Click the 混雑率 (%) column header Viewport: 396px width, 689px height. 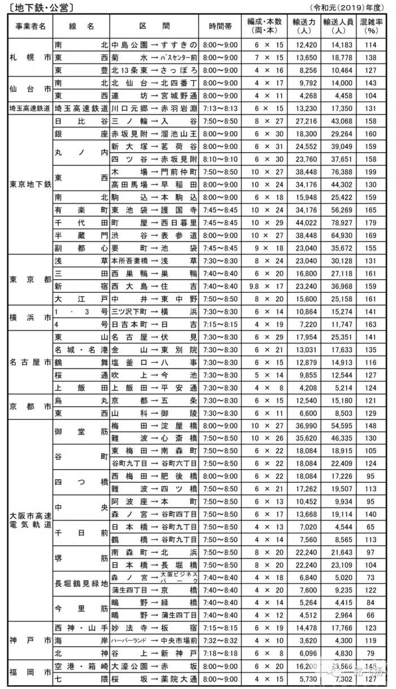pyautogui.click(x=371, y=26)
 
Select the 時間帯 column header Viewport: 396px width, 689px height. pyautogui.click(x=223, y=26)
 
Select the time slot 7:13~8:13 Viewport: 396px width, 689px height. pyautogui.click(x=223, y=108)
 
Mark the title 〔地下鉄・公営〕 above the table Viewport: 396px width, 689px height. pyautogui.click(x=39, y=7)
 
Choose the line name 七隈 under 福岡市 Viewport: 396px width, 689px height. pyautogui.click(x=80, y=678)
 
